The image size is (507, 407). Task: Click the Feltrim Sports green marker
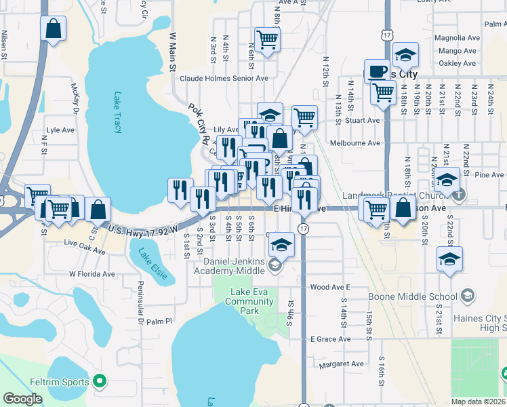tap(100, 382)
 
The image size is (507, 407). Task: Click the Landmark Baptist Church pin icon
tap(460, 197)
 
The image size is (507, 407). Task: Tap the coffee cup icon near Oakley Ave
tap(377, 71)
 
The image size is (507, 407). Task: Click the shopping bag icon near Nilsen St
tap(53, 30)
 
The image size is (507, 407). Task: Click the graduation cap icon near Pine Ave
tap(447, 180)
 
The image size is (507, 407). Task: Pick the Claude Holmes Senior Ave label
tap(224, 78)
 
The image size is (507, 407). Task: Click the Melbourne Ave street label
tap(354, 143)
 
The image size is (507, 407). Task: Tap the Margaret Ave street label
tap(342, 364)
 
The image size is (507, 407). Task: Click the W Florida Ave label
tap(92, 274)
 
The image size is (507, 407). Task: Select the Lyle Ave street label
tap(60, 130)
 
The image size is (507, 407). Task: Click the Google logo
tap(22, 399)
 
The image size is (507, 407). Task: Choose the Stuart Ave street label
tap(363, 121)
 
